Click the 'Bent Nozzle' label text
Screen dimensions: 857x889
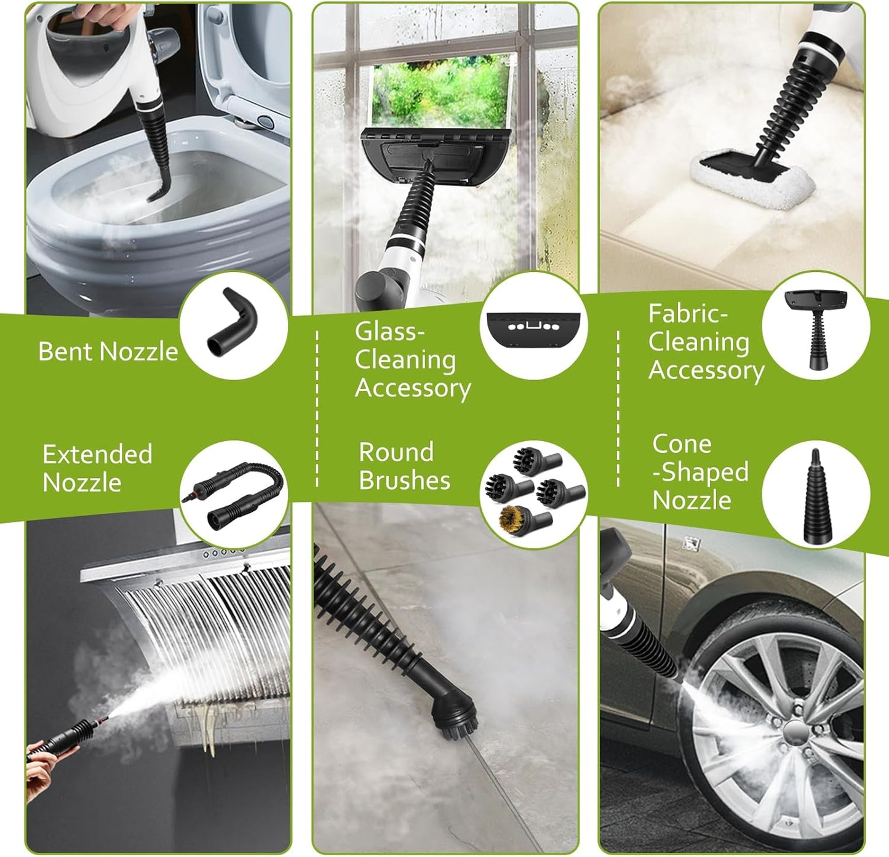click(108, 351)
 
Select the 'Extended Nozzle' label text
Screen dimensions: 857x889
click(97, 468)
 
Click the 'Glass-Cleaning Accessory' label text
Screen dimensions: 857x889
click(412, 360)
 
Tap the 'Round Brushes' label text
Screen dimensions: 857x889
click(404, 466)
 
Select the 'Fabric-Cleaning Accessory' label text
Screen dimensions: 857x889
click(706, 342)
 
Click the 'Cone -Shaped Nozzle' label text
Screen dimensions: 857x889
click(700, 472)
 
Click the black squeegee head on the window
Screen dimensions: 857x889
click(434, 154)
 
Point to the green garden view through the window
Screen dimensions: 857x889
click(442, 92)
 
